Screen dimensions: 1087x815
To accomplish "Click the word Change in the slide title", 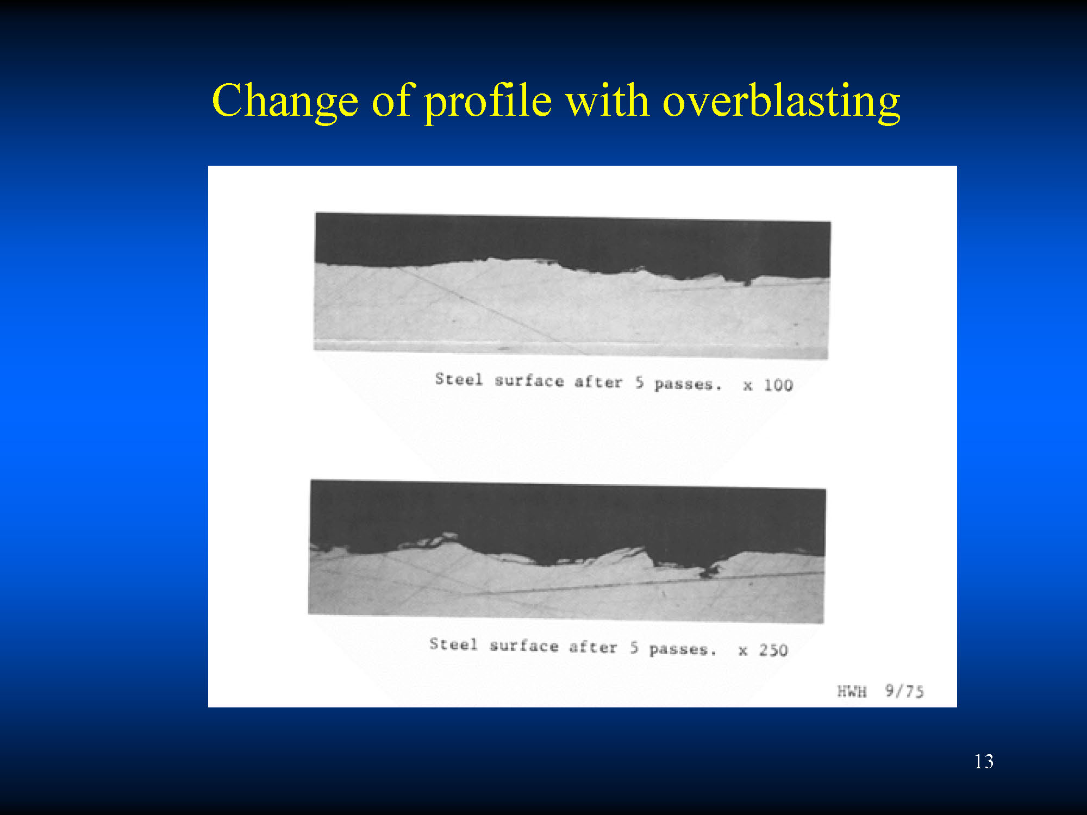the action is (x=285, y=102).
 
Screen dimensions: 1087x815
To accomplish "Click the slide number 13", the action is (x=984, y=761).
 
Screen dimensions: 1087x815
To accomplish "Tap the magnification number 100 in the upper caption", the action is (x=778, y=385).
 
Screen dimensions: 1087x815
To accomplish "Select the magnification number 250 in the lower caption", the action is (x=773, y=650).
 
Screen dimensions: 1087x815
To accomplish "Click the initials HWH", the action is (x=852, y=691).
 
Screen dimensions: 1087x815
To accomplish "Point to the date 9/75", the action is (x=904, y=691).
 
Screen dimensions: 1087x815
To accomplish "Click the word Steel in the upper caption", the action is (x=459, y=379).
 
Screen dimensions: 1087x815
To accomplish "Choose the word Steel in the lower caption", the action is (x=453, y=644).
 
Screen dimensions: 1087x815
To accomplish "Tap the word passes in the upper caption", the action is (x=684, y=384).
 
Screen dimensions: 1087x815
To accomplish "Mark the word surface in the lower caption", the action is (x=524, y=645).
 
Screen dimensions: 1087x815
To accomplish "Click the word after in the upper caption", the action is (x=598, y=382).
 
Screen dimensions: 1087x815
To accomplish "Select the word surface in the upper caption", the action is (x=529, y=380).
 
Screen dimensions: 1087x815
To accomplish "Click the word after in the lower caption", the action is (x=593, y=647).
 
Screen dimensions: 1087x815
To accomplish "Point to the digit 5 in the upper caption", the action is (x=640, y=383).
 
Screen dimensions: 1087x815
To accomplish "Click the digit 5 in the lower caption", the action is (x=634, y=648).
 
